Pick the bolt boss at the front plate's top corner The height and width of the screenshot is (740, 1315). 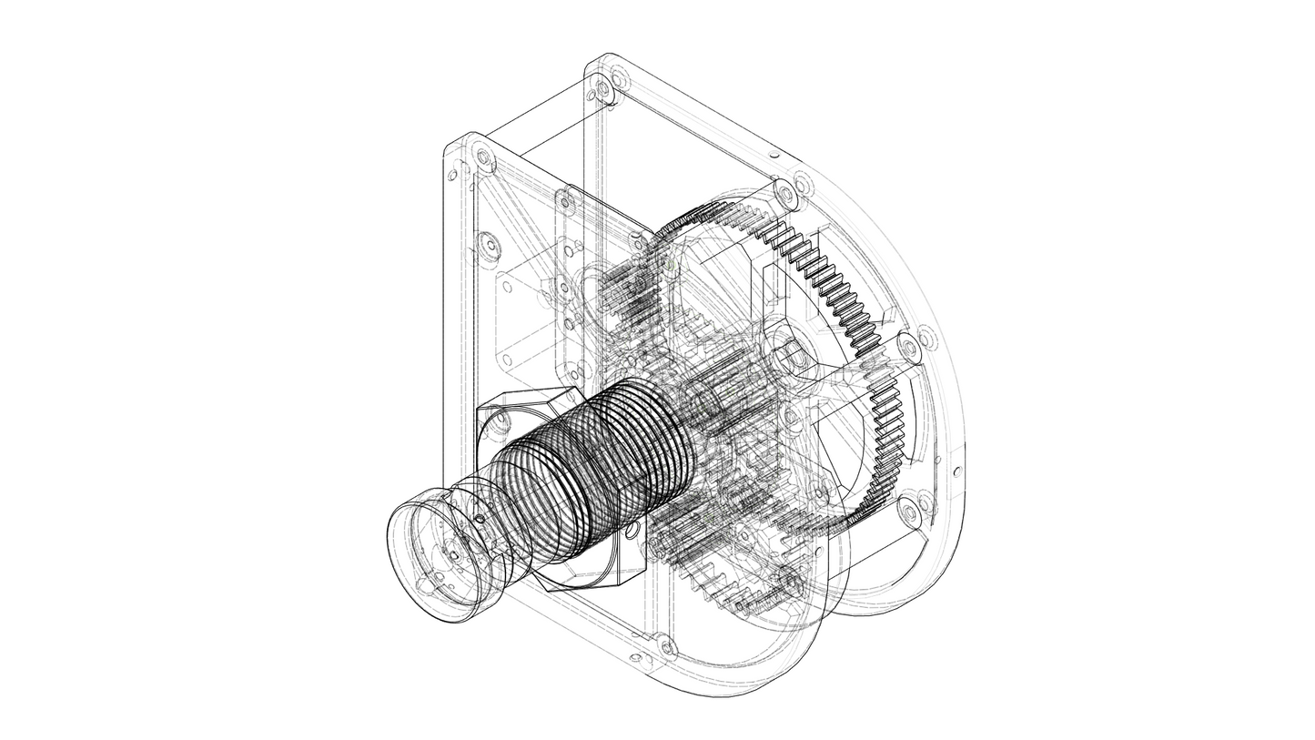(483, 157)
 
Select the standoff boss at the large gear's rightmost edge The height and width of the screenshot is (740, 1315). (908, 349)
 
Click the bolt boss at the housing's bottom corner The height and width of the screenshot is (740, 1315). (667, 648)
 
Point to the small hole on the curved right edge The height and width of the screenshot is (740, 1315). (956, 471)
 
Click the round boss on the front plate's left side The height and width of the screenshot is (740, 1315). (489, 245)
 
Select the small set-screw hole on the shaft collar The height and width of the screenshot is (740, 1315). (480, 520)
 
